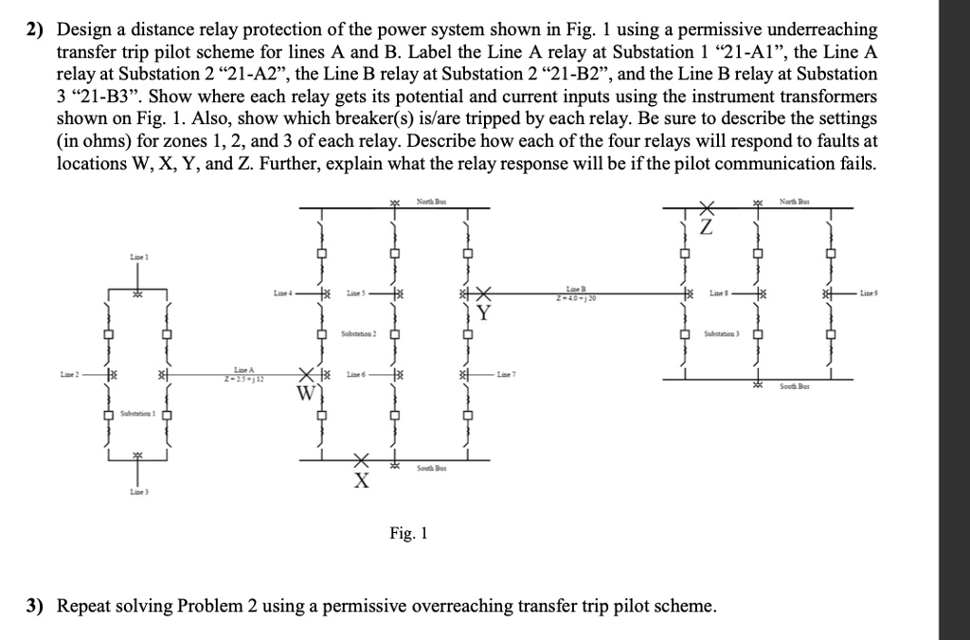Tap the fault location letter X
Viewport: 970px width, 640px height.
[360, 481]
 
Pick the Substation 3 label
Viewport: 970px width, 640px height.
[720, 336]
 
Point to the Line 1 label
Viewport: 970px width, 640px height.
[139, 258]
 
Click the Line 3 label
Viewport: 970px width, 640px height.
[138, 493]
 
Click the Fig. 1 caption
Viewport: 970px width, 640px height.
[408, 534]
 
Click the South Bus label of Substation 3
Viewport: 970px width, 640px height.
[794, 388]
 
